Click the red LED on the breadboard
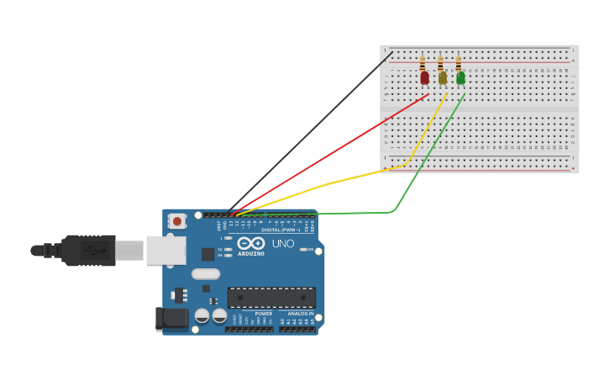[x=424, y=77]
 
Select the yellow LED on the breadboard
[x=443, y=78]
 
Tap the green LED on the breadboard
[x=460, y=77]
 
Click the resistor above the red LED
[x=422, y=63]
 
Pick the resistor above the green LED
[x=459, y=63]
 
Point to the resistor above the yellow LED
[x=440, y=63]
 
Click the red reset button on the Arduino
[x=177, y=221]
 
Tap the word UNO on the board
[x=283, y=244]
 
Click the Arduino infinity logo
[x=251, y=243]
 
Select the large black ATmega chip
[x=271, y=298]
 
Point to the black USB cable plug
[x=88, y=251]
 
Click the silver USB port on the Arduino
[x=165, y=250]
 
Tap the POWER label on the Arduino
[x=264, y=314]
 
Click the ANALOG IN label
[x=300, y=314]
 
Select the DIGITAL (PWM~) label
[x=281, y=230]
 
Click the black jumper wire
[x=311, y=130]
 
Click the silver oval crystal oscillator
[x=205, y=273]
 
